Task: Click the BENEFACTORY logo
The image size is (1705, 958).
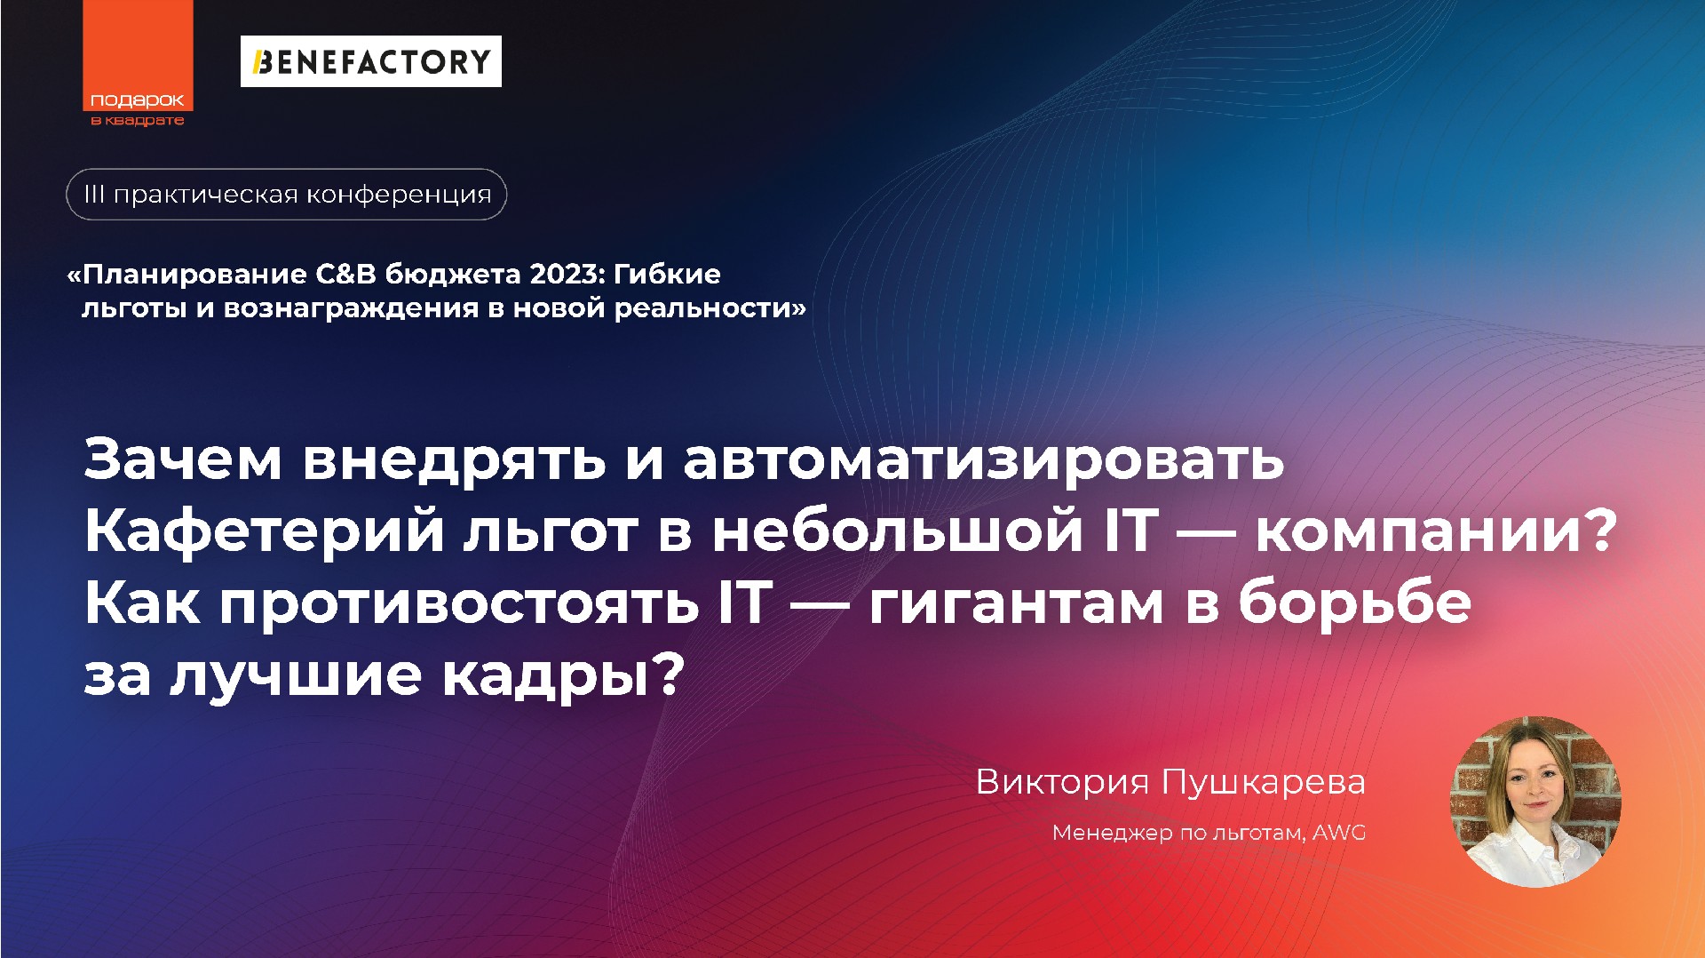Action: [x=370, y=61]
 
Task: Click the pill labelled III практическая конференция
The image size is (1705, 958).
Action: [x=286, y=195]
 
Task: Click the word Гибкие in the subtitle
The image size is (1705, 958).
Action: [x=667, y=274]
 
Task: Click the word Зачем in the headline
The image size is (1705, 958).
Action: [x=183, y=459]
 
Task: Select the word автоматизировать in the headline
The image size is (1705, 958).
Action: [x=983, y=459]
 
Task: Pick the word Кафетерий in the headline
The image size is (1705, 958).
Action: [x=264, y=531]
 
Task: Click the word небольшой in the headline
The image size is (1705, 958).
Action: [x=897, y=531]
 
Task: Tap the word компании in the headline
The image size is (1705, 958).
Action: [x=1420, y=531]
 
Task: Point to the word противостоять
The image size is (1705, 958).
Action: [x=458, y=603]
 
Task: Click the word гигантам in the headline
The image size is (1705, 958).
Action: [x=1016, y=603]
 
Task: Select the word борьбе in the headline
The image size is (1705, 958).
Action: [x=1354, y=603]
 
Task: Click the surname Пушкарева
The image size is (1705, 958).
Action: [x=1263, y=782]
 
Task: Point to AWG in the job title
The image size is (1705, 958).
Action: [x=1339, y=833]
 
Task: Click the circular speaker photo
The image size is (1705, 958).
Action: [x=1535, y=802]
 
